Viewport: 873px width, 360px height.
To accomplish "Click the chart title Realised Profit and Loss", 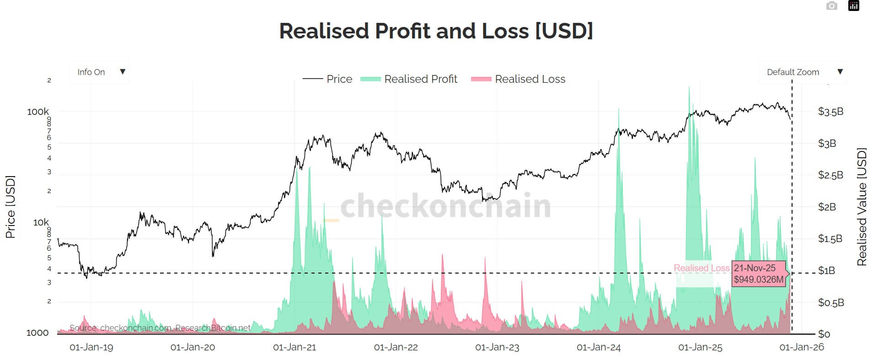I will point(436,31).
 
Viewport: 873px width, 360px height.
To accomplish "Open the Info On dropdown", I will point(99,72).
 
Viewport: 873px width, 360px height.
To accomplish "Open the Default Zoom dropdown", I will point(803,72).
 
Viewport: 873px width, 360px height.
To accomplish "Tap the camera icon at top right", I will point(831,6).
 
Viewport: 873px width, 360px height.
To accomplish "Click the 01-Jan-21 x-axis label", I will point(295,347).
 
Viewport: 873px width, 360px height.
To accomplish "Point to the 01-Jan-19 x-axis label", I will point(91,347).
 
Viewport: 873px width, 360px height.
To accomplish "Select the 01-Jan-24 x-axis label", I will point(599,347).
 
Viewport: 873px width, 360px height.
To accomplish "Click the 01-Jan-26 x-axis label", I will point(801,347).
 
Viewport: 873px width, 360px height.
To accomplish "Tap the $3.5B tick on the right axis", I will point(830,112).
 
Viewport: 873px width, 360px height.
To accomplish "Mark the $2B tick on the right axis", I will point(827,207).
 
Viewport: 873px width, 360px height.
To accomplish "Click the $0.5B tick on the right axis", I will point(830,302).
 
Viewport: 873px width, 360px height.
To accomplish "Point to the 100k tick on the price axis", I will point(38,112).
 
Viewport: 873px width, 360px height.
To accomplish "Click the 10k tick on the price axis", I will point(41,222).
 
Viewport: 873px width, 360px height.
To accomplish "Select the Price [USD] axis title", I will point(10,207).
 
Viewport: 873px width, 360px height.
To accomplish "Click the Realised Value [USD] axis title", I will point(862,207).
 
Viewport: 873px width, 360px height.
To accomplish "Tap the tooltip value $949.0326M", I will point(758,279).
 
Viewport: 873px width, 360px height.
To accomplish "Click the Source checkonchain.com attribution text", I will point(160,328).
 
